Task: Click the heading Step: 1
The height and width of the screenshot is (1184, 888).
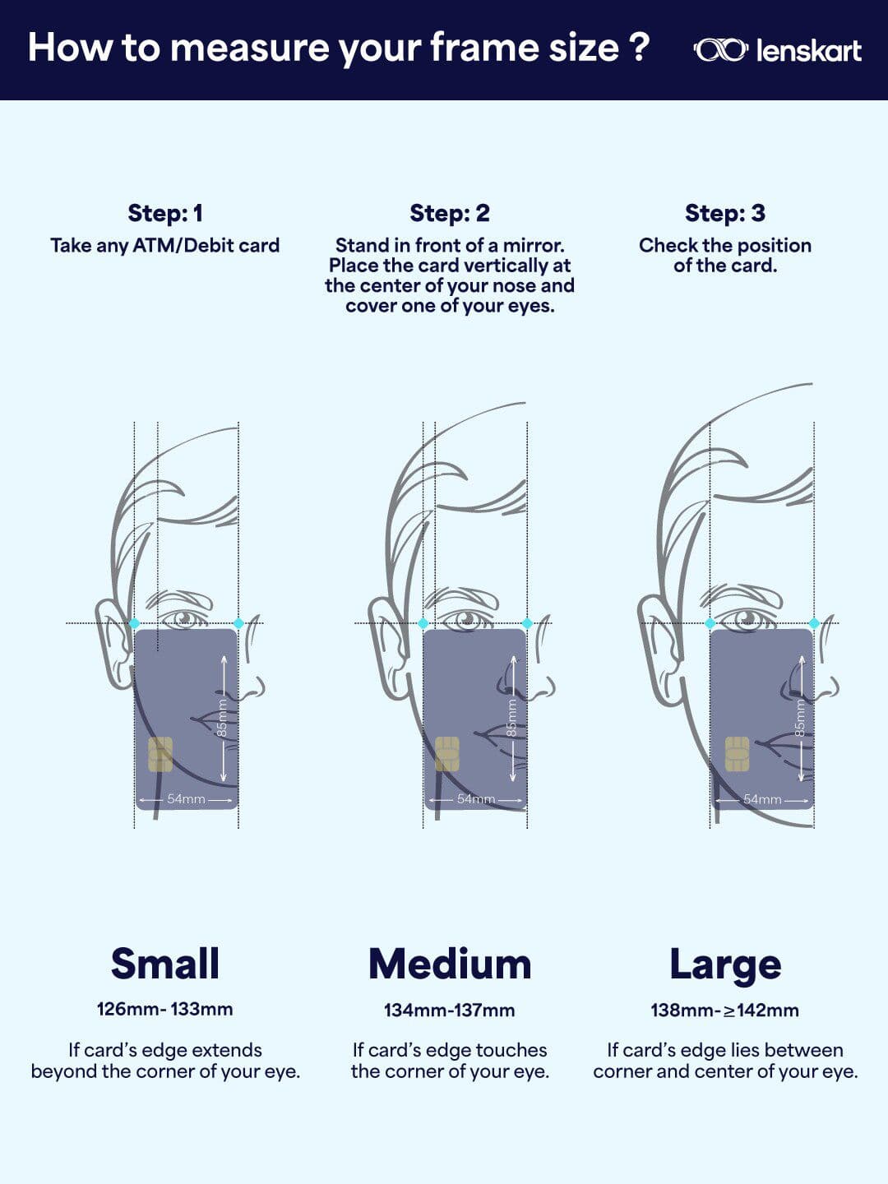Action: pos(165,213)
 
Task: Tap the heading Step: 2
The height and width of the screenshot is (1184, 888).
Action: pos(450,213)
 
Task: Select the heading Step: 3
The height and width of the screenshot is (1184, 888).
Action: pos(725,213)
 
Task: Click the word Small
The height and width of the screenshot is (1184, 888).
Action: pos(165,964)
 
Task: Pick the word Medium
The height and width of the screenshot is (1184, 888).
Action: pos(450,964)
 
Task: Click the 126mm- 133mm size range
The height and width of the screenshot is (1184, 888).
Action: pos(165,1009)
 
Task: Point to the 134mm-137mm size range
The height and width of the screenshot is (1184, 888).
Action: pos(450,1010)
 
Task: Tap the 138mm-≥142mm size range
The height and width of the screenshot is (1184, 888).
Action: pos(725,1010)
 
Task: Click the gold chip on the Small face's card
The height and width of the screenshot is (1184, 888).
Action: pos(160,754)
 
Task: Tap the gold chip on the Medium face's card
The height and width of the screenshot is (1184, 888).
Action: pos(447,754)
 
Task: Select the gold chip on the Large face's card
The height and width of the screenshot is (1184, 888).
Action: pos(737,753)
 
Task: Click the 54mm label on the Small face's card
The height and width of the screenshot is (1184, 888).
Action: pos(186,799)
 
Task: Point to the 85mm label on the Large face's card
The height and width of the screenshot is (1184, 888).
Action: pos(800,718)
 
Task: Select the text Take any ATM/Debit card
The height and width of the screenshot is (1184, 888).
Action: pos(165,245)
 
